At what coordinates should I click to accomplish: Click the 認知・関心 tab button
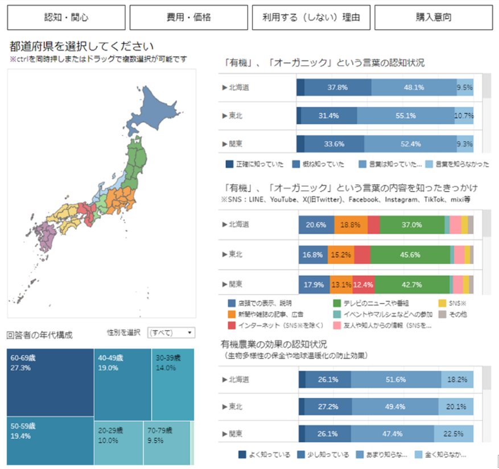pos(66,17)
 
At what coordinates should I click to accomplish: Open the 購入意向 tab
pos(434,17)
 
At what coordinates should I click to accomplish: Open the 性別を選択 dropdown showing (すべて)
pos(171,333)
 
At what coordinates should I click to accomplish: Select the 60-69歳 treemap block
pos(50,382)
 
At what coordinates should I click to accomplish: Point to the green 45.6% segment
pos(414,255)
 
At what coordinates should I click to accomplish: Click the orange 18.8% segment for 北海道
pos(350,225)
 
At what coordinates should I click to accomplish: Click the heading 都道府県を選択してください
pos(81,47)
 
